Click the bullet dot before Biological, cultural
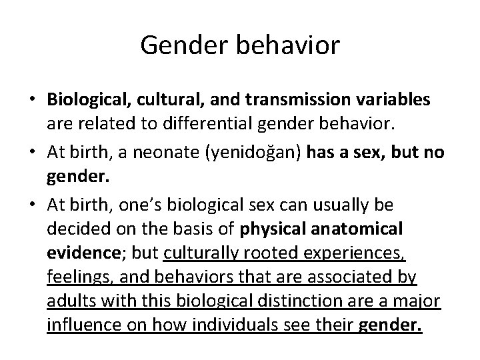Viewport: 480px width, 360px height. [x=32, y=100]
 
